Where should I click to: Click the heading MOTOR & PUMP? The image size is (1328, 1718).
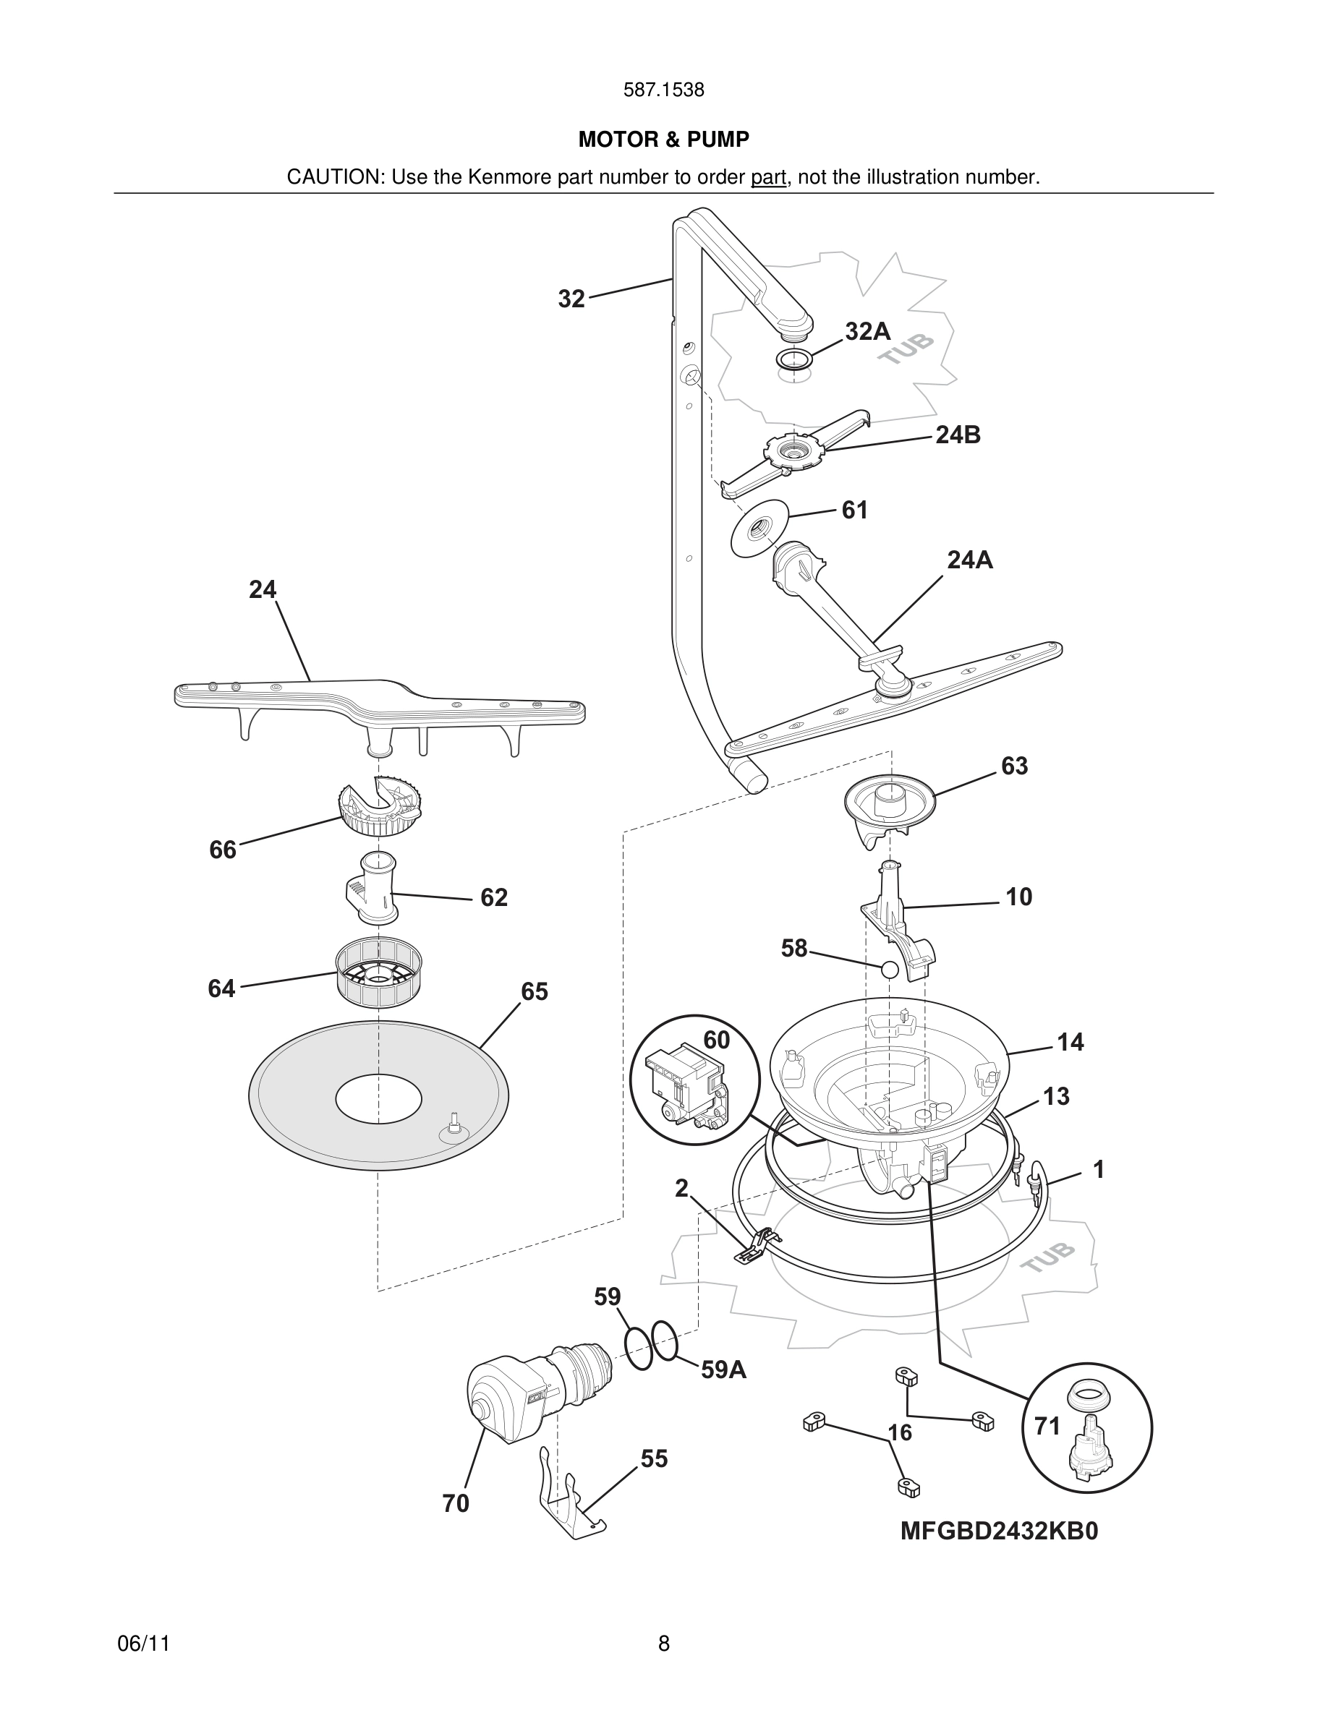[663, 140]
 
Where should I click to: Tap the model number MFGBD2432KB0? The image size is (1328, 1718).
[998, 1531]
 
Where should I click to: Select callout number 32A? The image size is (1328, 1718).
[867, 332]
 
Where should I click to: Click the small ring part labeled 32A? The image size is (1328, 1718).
[795, 359]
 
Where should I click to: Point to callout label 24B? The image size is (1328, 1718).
[958, 435]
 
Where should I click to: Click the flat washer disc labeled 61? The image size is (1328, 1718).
[759, 529]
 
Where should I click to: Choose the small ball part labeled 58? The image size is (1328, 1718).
[890, 969]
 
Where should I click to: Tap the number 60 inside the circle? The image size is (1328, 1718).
[716, 1040]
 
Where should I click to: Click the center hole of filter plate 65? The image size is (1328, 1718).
[378, 1098]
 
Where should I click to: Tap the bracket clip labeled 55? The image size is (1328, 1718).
[571, 1503]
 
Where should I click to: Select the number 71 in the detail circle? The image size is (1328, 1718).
[1047, 1425]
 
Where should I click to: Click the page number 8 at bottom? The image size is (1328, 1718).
[663, 1644]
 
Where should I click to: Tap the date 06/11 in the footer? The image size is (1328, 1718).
[143, 1644]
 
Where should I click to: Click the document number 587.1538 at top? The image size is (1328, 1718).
[663, 90]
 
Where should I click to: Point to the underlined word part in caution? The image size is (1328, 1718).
[768, 177]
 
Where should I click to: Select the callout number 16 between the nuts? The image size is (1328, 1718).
[899, 1432]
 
